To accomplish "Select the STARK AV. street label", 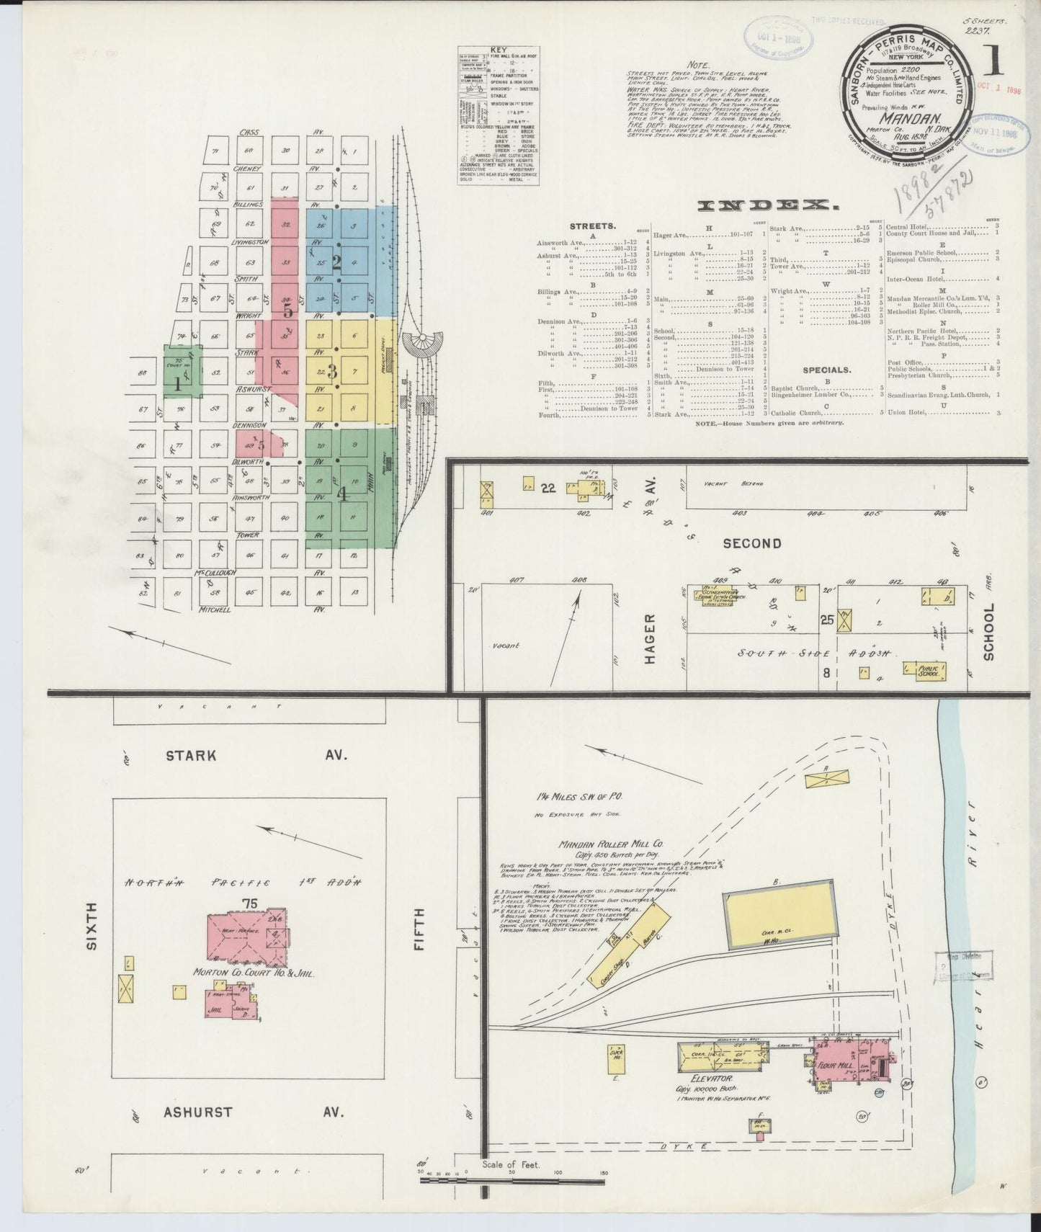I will pyautogui.click(x=256, y=756).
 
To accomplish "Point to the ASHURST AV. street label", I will pyautogui.click(x=256, y=1131).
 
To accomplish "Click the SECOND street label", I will pyautogui.click(x=751, y=543).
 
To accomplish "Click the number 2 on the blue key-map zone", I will pyautogui.click(x=336, y=262).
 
